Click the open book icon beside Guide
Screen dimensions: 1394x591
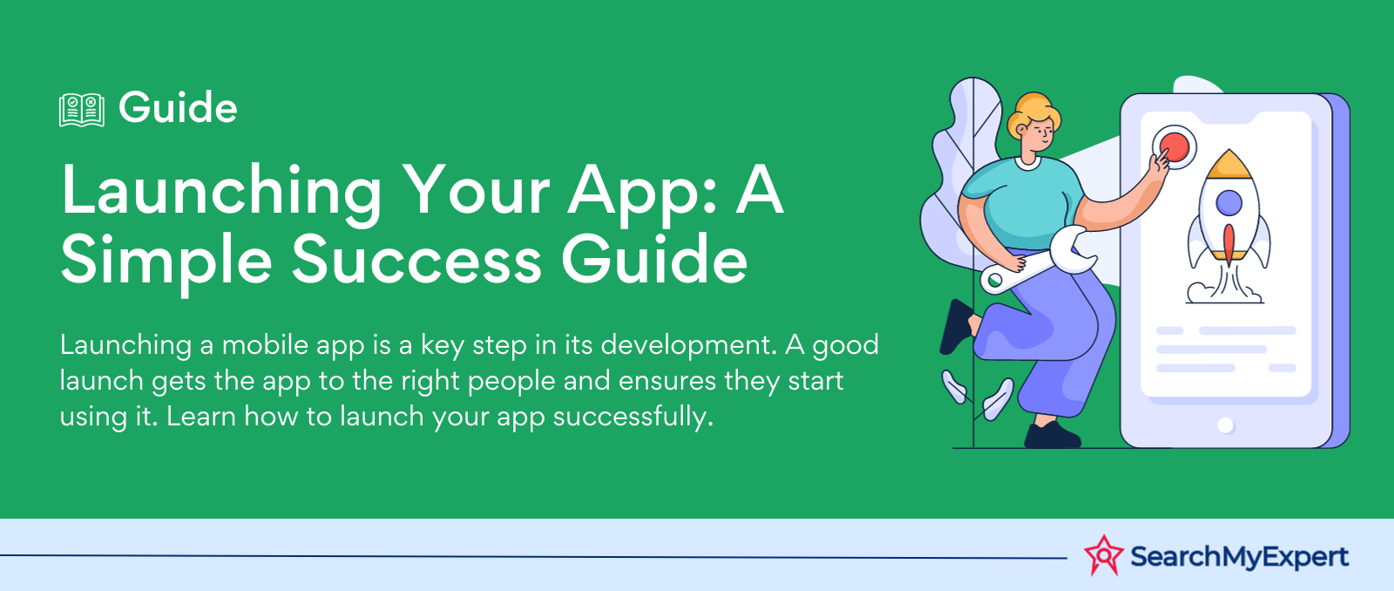pyautogui.click(x=82, y=110)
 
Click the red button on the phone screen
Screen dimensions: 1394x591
pyautogui.click(x=1174, y=147)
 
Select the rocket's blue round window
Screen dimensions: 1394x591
pyautogui.click(x=1228, y=203)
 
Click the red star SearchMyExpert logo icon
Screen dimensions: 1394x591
pyautogui.click(x=1103, y=555)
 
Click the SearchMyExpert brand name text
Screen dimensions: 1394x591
pyautogui.click(x=1239, y=557)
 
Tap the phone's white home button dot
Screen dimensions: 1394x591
pyautogui.click(x=1225, y=425)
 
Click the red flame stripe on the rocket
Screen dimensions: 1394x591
pyautogui.click(x=1228, y=244)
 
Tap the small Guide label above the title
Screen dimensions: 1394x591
pyautogui.click(x=178, y=108)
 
